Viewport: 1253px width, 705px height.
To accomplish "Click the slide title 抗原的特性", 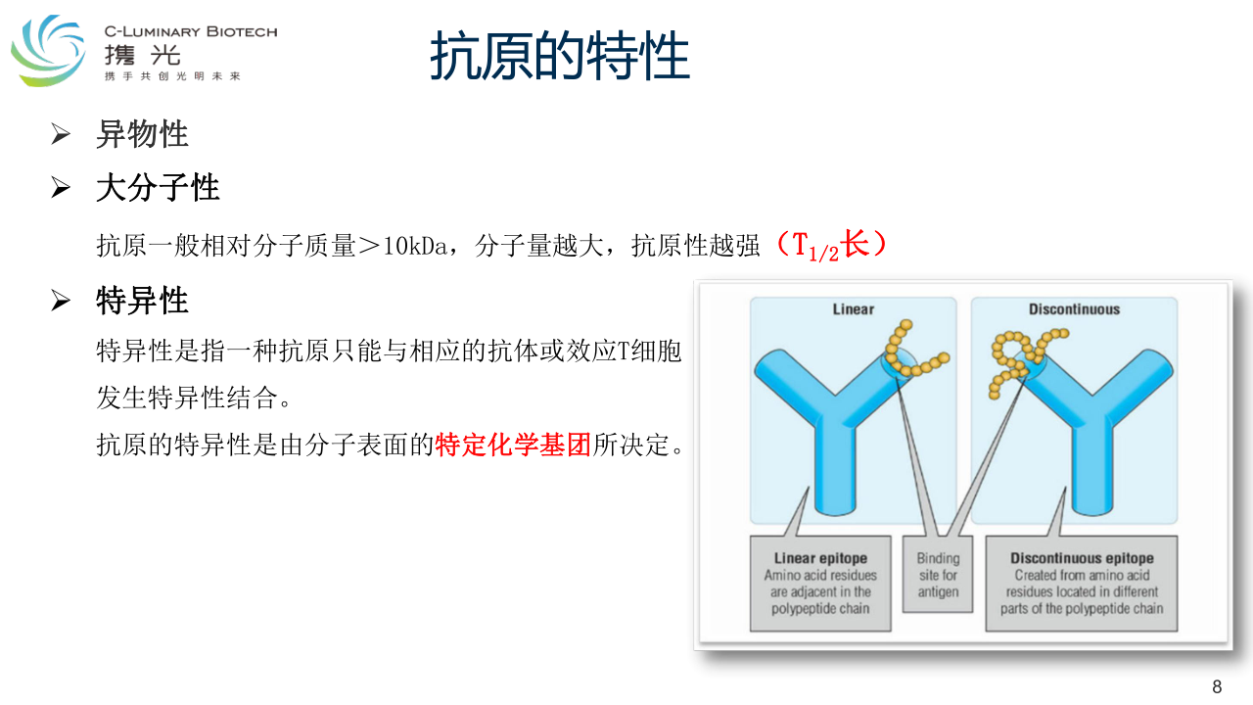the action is (x=559, y=56).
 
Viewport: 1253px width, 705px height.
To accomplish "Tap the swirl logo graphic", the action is (x=49, y=50).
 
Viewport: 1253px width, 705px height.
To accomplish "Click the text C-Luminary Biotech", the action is (x=191, y=32).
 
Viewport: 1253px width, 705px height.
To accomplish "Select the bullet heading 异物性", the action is (x=142, y=134).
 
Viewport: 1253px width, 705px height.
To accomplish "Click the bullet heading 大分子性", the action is (x=158, y=187).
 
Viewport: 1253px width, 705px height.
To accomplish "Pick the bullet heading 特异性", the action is (x=142, y=301).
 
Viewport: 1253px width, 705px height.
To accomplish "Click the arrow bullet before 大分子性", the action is (x=61, y=187).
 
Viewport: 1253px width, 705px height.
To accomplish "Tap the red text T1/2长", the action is (x=831, y=245).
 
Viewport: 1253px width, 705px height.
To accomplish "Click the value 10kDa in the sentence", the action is (x=414, y=246).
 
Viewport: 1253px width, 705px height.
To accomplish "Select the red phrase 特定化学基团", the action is (x=512, y=445).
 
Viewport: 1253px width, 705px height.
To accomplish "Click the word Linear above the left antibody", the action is (x=853, y=309).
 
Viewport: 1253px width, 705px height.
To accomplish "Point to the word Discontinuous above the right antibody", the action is (x=1074, y=309).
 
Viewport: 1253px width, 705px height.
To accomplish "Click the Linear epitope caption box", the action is (x=820, y=584).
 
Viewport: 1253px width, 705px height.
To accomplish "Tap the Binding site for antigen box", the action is (x=938, y=575).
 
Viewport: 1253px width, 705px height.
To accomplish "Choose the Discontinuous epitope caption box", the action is (x=1082, y=584).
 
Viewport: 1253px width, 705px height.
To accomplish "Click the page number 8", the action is (x=1217, y=686).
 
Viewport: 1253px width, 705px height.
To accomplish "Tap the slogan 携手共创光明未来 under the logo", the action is (x=172, y=76).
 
